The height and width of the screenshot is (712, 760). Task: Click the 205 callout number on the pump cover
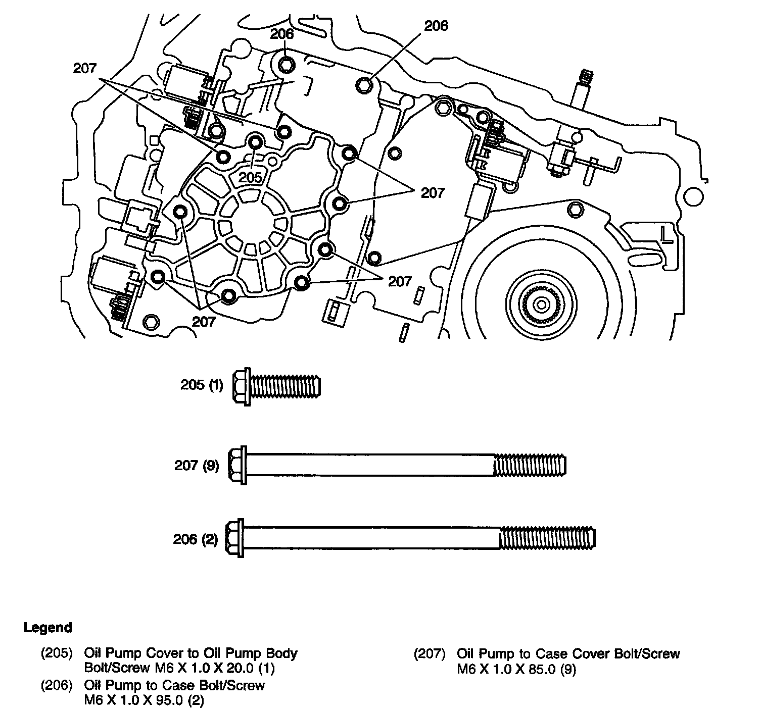tap(250, 178)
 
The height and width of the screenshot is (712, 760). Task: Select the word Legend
tap(48, 628)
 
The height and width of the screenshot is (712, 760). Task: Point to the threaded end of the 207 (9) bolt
tap(530, 465)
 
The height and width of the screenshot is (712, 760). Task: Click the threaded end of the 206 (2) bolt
tap(547, 538)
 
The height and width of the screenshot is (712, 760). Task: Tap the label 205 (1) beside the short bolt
tap(202, 385)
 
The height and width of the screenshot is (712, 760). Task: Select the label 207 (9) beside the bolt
tap(197, 466)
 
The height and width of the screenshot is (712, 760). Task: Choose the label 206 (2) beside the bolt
tap(195, 539)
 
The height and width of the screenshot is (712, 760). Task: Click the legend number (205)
tap(57, 653)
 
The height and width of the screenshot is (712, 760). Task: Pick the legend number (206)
tap(57, 685)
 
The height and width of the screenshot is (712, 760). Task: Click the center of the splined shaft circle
tap(541, 305)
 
